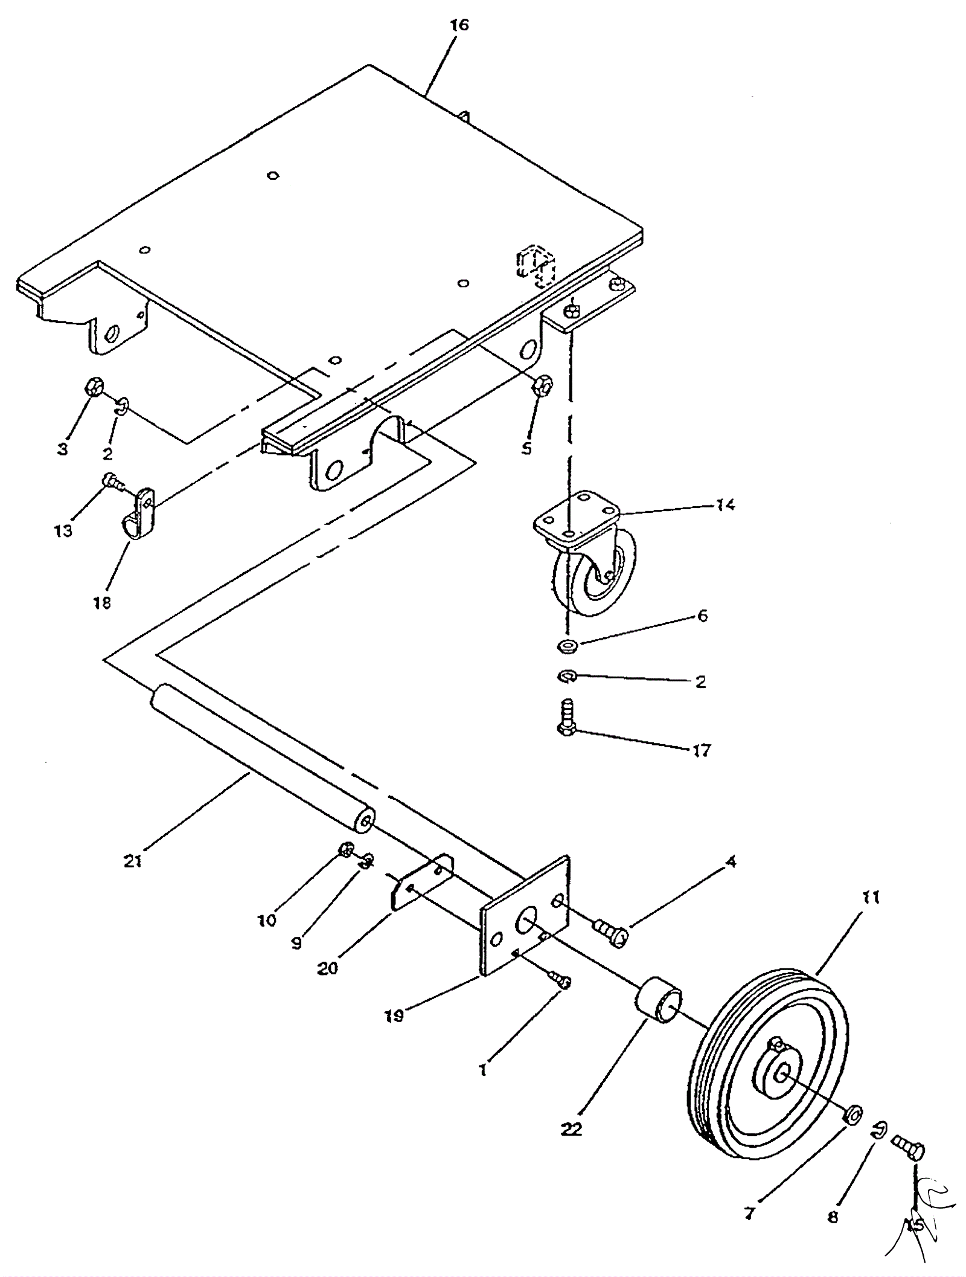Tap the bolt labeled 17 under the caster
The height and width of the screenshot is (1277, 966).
point(566,719)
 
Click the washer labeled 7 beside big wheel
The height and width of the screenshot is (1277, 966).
point(853,1115)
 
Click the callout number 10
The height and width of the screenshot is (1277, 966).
point(266,920)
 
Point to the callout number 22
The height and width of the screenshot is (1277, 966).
point(572,1128)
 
